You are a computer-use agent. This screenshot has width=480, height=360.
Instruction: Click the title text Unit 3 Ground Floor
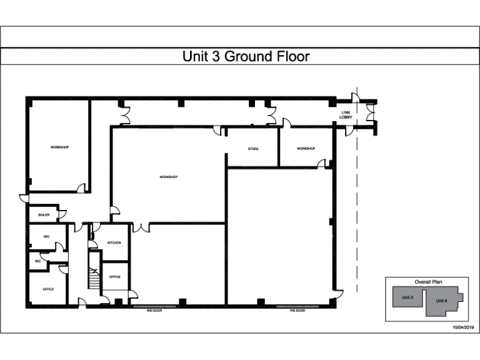(x=246, y=57)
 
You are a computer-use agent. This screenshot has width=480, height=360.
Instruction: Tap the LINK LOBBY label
(x=346, y=114)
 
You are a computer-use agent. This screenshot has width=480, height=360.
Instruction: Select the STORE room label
(x=252, y=149)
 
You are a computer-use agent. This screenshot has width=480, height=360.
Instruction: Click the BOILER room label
(x=44, y=214)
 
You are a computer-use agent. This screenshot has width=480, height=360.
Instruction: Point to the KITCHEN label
(x=114, y=242)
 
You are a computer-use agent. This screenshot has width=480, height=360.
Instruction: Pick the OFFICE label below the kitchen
(x=114, y=276)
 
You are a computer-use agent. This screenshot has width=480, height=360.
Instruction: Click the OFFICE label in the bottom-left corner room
(x=48, y=289)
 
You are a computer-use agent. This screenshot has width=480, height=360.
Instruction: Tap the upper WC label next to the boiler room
(x=46, y=237)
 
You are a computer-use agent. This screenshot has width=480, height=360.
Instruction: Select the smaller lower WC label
(x=37, y=261)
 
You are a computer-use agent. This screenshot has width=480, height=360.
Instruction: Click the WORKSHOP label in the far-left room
(x=59, y=147)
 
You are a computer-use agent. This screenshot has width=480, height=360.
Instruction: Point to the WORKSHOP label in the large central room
(x=169, y=177)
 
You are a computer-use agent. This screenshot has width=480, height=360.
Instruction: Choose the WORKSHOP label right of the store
(x=306, y=149)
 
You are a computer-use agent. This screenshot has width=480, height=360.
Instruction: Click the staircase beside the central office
(x=94, y=271)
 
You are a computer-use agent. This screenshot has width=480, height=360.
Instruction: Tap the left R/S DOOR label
(x=154, y=310)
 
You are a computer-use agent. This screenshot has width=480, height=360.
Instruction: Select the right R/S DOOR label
(x=297, y=310)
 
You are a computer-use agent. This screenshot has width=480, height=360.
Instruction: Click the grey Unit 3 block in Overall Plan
(x=407, y=297)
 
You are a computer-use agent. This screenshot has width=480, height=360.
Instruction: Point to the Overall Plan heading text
(x=427, y=282)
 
